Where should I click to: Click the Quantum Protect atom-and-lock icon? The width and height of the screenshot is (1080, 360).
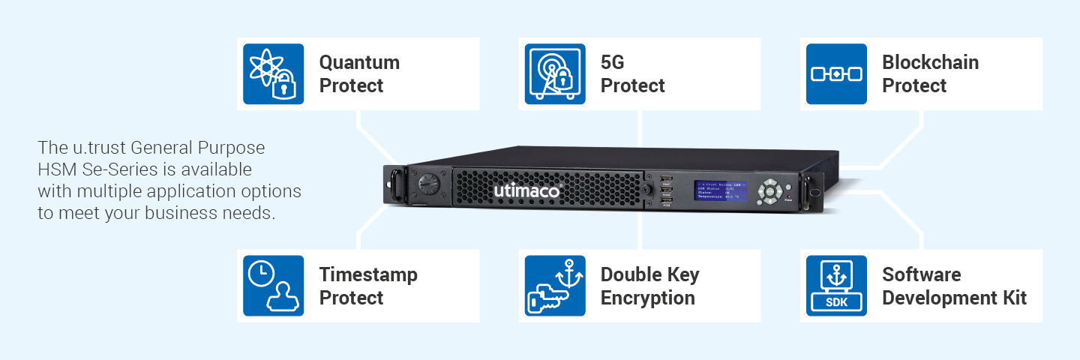273,73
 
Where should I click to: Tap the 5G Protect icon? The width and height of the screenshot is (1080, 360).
555,73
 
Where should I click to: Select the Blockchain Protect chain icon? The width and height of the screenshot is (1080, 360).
836,73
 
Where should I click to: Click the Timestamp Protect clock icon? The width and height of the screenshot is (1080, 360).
273,286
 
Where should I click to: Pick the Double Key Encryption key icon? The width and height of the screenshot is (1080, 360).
555,286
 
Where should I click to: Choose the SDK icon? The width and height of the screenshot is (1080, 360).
836,286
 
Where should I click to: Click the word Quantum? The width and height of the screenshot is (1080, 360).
359,62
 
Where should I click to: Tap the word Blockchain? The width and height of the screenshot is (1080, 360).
930,62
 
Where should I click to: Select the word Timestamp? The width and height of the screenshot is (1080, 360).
368,274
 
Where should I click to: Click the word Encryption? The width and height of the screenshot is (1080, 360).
647,298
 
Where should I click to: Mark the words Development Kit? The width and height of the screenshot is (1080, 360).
954,298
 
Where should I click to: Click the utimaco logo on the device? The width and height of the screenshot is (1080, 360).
526,191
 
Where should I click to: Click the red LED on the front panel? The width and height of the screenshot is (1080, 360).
788,195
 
